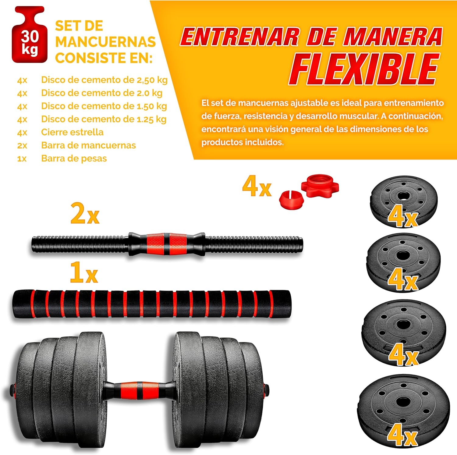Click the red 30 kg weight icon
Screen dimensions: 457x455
pyautogui.click(x=30, y=34)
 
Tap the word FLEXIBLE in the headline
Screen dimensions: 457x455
pyautogui.click(x=364, y=69)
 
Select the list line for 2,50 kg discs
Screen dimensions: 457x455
pyautogui.click(x=92, y=80)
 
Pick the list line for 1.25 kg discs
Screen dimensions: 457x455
pyautogui.click(x=92, y=119)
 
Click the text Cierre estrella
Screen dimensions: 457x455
pyautogui.click(x=72, y=132)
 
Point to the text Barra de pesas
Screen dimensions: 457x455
pyautogui.click(x=74, y=158)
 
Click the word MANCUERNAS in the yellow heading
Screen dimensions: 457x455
pyautogui.click(x=105, y=42)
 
